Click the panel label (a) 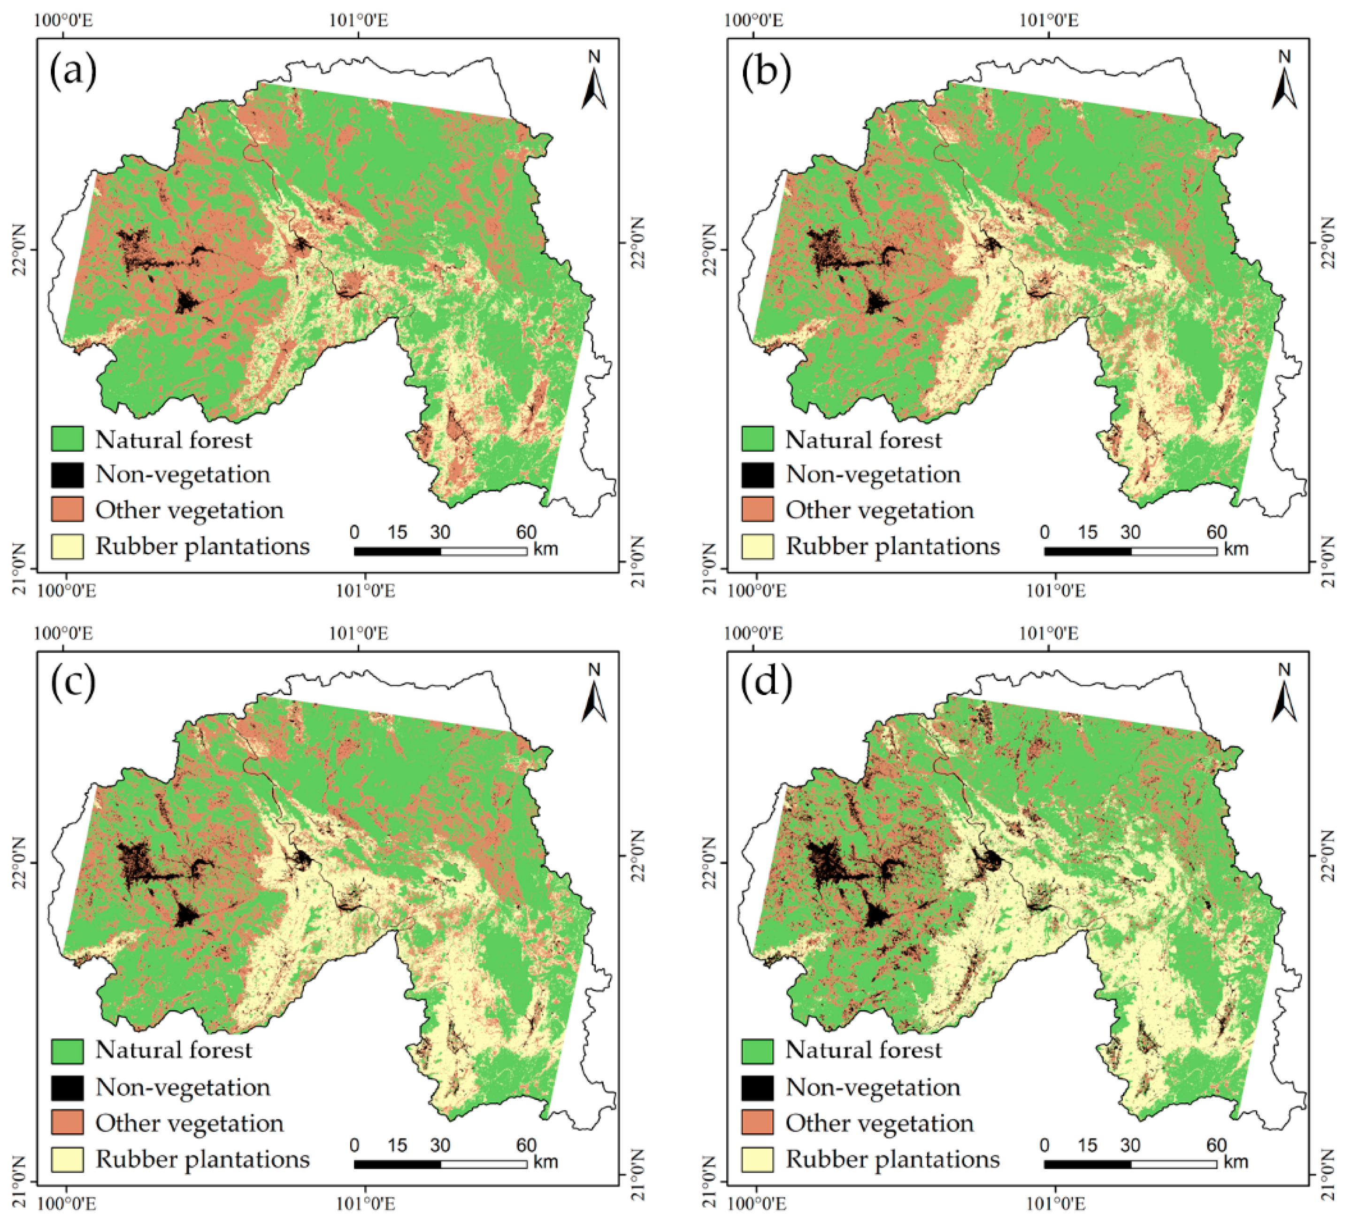(73, 70)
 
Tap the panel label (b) (766, 70)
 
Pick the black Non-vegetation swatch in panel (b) (758, 474)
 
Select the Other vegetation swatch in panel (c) (67, 1122)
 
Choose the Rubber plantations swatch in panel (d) (758, 1159)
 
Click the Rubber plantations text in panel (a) (202, 546)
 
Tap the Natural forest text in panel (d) (863, 1050)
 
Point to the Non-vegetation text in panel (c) (183, 1087)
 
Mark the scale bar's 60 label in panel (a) (526, 532)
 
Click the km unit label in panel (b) (1236, 549)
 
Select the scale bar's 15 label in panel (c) (397, 1145)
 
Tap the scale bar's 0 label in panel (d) (1044, 1145)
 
